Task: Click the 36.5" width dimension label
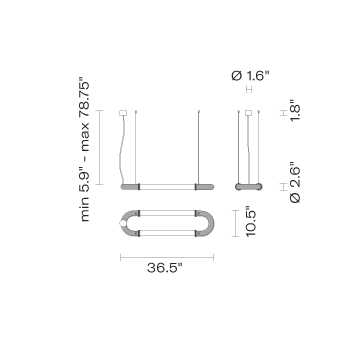(165, 268)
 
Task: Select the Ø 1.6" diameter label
(250, 76)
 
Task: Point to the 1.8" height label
(295, 111)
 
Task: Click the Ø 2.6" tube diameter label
(295, 182)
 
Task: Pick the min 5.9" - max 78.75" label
(85, 150)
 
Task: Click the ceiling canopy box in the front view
(123, 113)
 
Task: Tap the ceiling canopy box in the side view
(248, 113)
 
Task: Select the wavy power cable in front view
(123, 150)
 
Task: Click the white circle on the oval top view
(123, 223)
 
